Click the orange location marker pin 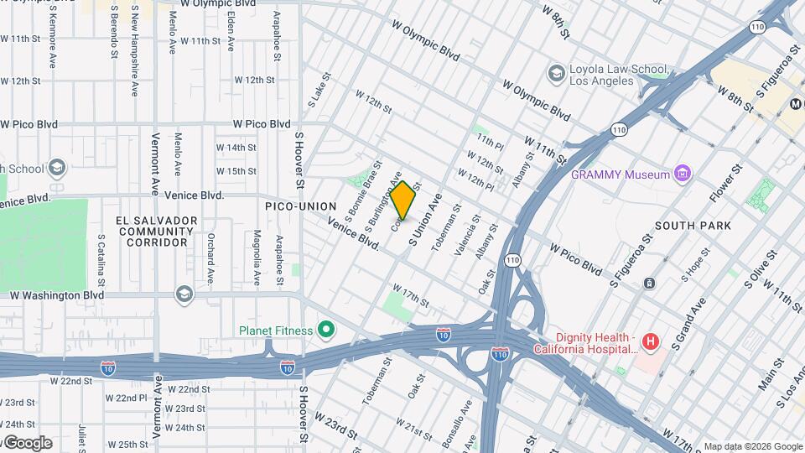click(x=403, y=200)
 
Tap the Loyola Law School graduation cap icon click(x=555, y=74)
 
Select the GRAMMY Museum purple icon click(x=683, y=174)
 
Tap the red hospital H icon click(x=649, y=341)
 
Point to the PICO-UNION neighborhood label click(x=300, y=206)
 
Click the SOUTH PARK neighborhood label click(x=693, y=226)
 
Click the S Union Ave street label click(x=425, y=220)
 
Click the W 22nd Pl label click(x=127, y=397)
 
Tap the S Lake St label click(x=315, y=93)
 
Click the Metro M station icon click(x=796, y=104)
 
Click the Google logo click(x=27, y=443)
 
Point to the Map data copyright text click(x=752, y=446)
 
